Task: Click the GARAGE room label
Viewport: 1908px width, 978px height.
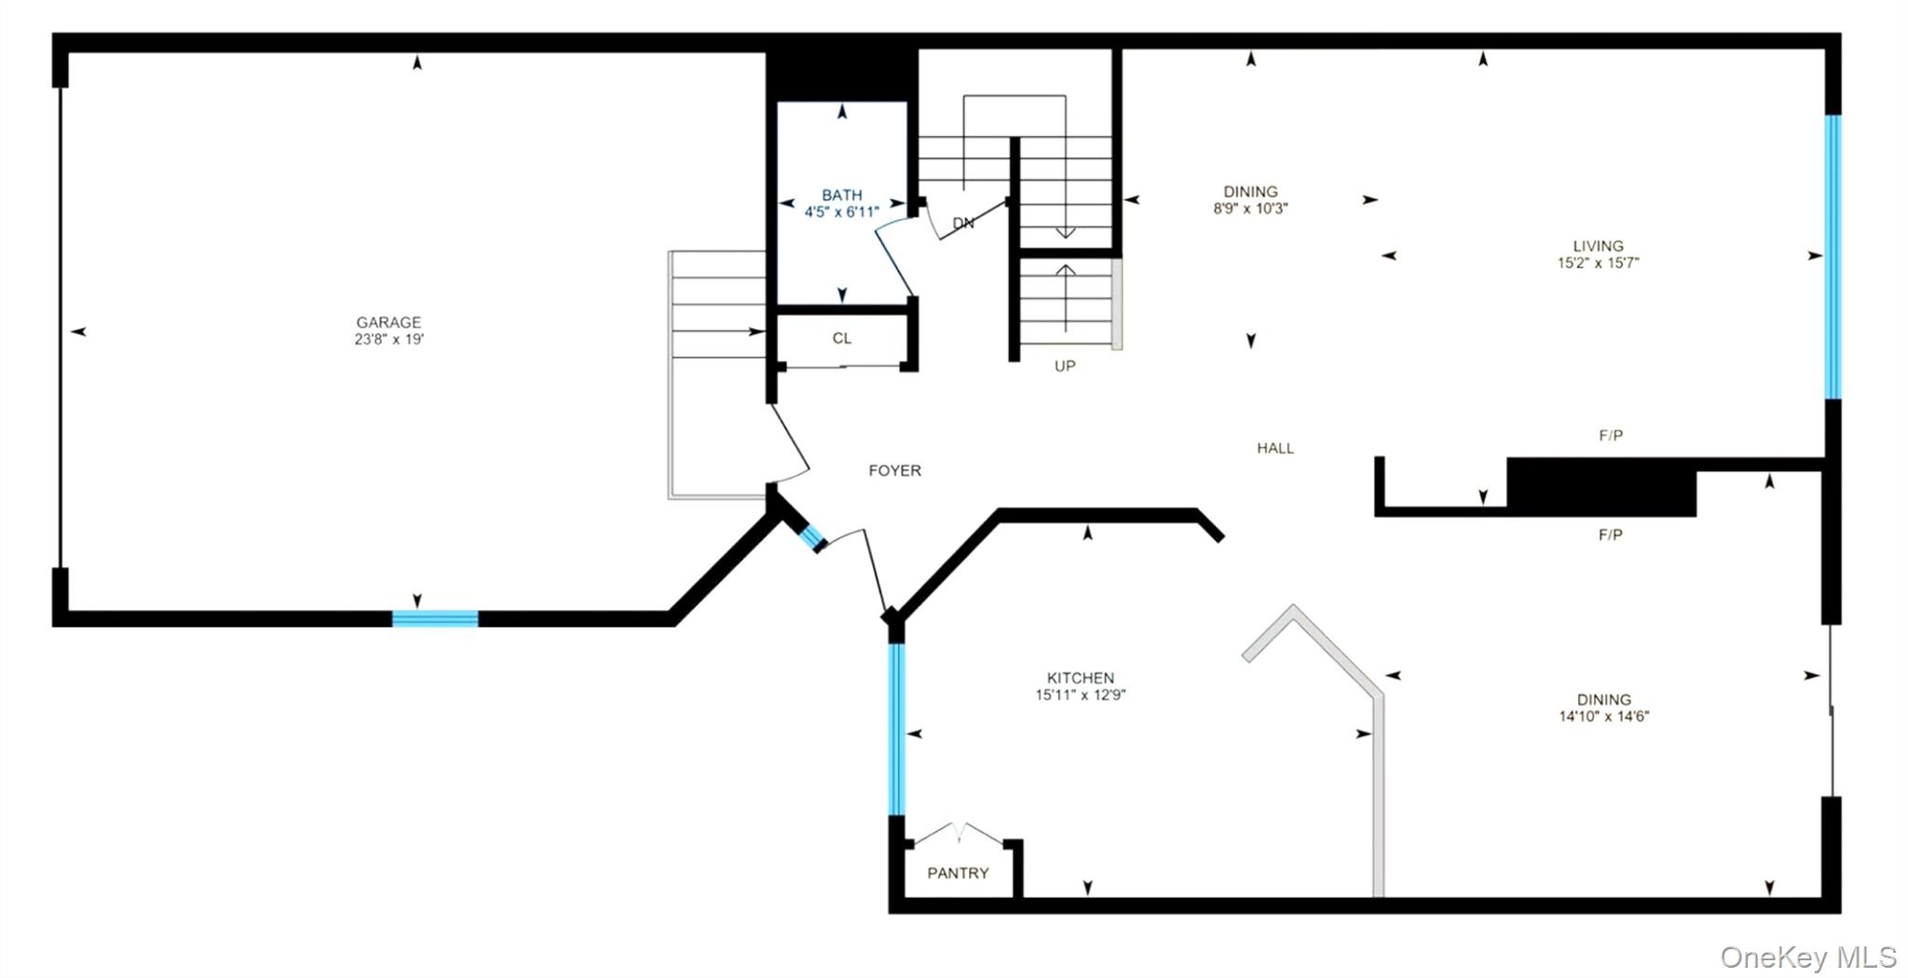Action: click(x=388, y=322)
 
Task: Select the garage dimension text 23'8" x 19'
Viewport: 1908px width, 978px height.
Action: click(x=388, y=340)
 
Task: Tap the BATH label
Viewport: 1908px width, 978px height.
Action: click(x=841, y=196)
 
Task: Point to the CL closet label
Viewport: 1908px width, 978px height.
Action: click(x=841, y=339)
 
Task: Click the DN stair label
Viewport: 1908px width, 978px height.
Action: click(x=963, y=224)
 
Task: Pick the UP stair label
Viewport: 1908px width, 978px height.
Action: click(x=1065, y=366)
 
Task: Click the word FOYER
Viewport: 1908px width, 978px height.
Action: click(x=894, y=471)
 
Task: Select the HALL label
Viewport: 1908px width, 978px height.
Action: click(x=1275, y=448)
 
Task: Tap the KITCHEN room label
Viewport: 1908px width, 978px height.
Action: click(x=1081, y=678)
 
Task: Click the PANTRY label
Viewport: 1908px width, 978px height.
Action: click(x=958, y=874)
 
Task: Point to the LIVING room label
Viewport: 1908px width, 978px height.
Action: click(x=1598, y=247)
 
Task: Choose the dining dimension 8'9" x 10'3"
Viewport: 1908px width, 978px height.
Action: click(x=1250, y=210)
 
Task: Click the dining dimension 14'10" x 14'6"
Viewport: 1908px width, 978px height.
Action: click(x=1604, y=717)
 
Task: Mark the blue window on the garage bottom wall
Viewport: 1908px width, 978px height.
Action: click(x=435, y=618)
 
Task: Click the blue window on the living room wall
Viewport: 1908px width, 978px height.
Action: click(x=1833, y=256)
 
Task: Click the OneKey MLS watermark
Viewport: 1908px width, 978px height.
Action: click(x=1807, y=958)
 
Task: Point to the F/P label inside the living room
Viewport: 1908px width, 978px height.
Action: click(x=1611, y=436)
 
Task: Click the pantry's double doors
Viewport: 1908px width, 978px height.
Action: click(x=960, y=834)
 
